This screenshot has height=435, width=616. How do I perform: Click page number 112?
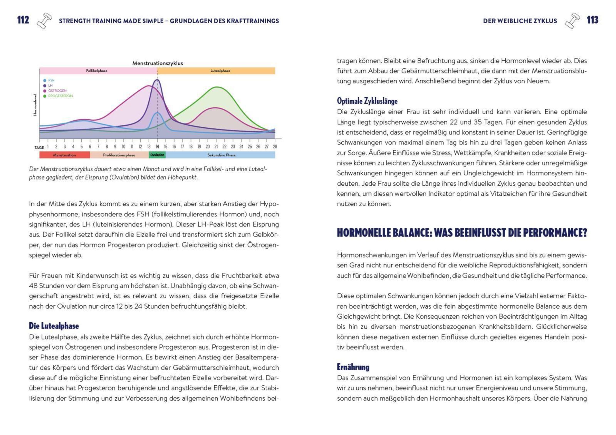(23, 20)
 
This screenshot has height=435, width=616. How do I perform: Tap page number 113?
(592, 20)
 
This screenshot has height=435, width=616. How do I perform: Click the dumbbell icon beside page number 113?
(572, 21)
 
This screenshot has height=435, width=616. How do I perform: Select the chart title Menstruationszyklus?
(158, 63)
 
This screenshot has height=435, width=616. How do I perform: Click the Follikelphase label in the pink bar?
(97, 71)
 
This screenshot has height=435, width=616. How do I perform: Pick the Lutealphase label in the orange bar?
(220, 71)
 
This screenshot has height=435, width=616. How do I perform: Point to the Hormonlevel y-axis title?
(35, 105)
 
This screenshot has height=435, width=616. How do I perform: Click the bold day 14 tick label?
(157, 147)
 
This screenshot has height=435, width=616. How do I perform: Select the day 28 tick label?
(275, 147)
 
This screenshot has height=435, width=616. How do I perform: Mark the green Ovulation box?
(157, 155)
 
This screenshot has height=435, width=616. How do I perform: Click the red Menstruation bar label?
(64, 155)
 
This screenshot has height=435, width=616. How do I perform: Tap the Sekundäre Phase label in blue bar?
(221, 155)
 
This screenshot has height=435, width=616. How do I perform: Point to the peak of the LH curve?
(157, 80)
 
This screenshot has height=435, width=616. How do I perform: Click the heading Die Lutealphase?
(54, 326)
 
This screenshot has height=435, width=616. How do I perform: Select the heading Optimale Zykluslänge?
(367, 101)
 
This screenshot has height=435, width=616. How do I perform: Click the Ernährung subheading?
(353, 367)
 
